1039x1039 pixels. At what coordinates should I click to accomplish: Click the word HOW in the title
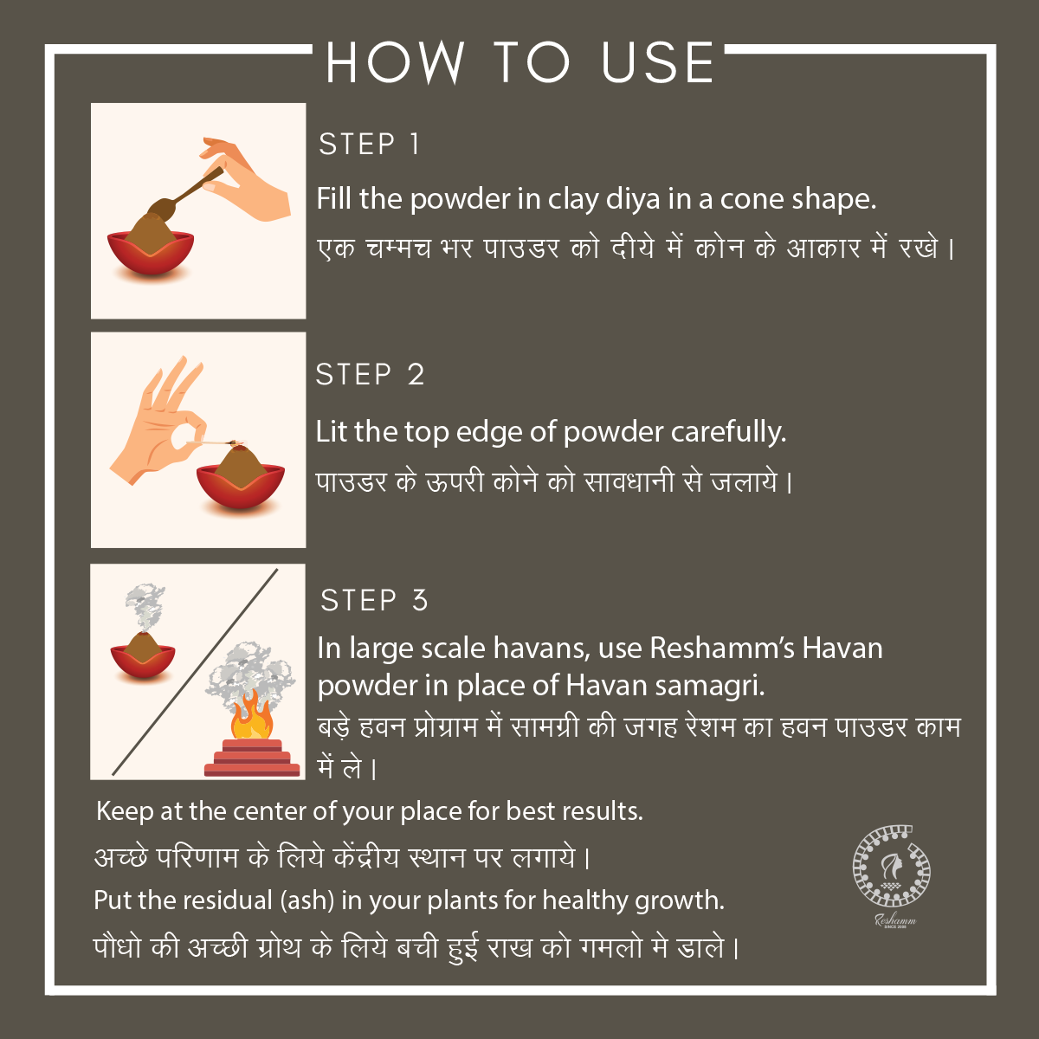click(x=395, y=62)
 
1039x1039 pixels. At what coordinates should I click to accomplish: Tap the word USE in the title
click(x=658, y=62)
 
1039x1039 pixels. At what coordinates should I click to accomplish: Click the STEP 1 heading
click(x=369, y=144)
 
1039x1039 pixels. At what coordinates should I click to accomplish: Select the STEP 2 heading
click(x=370, y=374)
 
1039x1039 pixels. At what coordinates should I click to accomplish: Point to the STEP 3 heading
click(x=374, y=600)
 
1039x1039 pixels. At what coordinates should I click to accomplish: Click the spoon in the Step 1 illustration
click(x=185, y=192)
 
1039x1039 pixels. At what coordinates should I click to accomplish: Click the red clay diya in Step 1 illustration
click(x=151, y=252)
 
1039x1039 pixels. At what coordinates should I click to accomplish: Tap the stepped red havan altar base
click(x=252, y=758)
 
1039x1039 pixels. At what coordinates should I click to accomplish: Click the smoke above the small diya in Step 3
click(x=145, y=608)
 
